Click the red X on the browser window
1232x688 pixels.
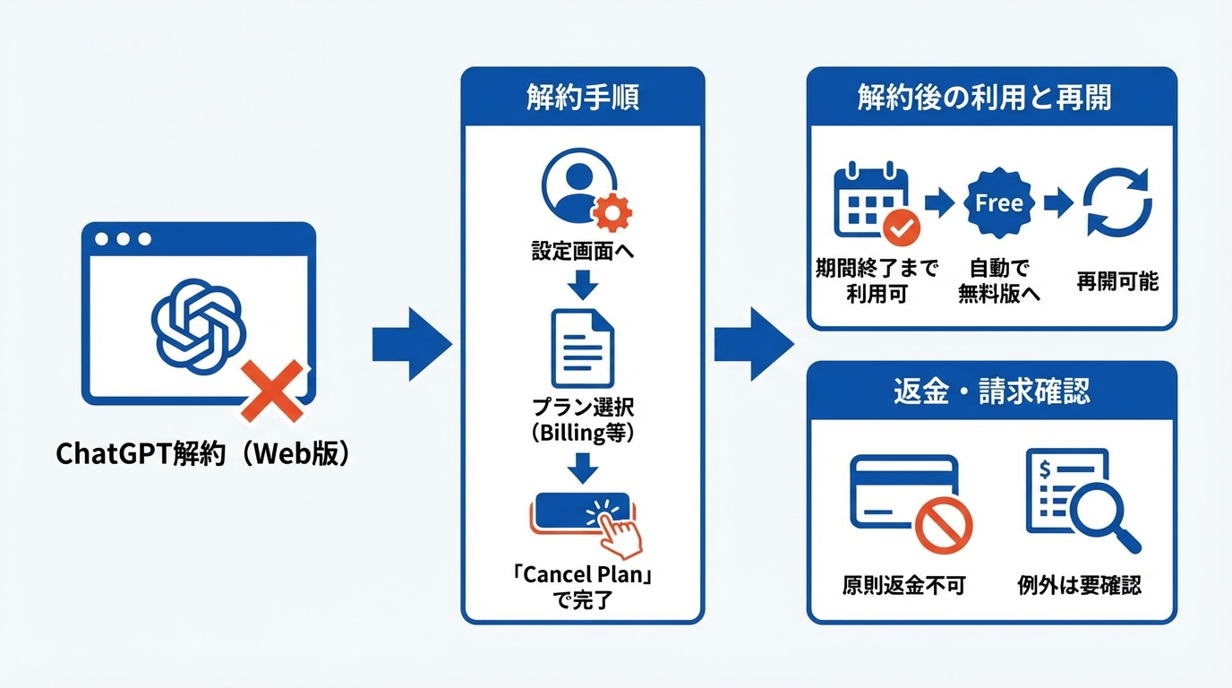(272, 392)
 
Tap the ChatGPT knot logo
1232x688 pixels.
(198, 323)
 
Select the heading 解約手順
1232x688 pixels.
(582, 98)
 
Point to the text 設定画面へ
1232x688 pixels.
(582, 252)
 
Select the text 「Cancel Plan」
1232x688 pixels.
(582, 574)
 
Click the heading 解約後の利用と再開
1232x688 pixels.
(991, 98)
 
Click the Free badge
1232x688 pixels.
(998, 203)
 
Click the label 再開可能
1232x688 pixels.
(1116, 282)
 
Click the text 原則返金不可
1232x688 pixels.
(904, 586)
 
